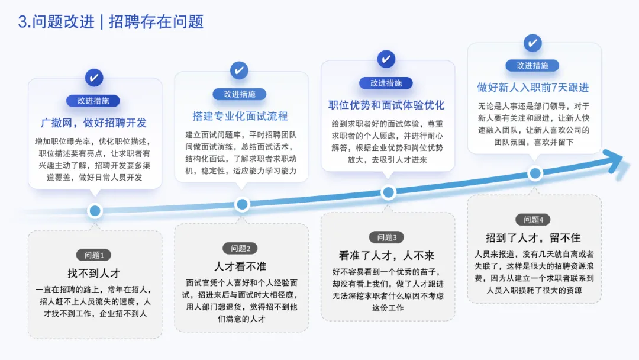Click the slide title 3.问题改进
click(x=56, y=22)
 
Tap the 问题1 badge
click(x=93, y=255)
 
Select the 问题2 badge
click(x=240, y=248)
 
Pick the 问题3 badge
click(x=386, y=237)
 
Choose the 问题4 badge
click(x=532, y=220)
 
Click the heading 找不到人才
click(x=93, y=273)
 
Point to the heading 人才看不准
click(x=240, y=266)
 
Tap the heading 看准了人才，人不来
click(x=386, y=255)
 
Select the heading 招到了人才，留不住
click(x=532, y=237)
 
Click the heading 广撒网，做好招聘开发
click(x=93, y=123)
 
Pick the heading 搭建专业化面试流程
click(x=240, y=116)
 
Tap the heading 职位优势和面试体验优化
click(x=386, y=105)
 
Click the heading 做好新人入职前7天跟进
click(x=532, y=88)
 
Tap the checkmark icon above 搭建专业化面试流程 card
click(x=240, y=70)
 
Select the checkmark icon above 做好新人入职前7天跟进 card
click(x=532, y=43)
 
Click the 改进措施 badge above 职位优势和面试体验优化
click(x=386, y=83)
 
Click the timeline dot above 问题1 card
click(x=95, y=211)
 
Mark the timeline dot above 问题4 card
click(x=535, y=173)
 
